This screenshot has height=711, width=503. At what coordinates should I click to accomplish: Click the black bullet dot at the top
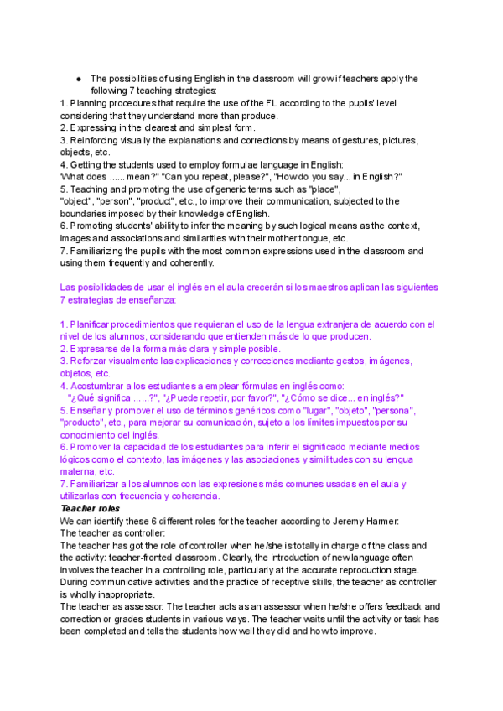click(78, 79)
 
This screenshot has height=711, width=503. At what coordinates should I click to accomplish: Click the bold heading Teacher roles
click(90, 508)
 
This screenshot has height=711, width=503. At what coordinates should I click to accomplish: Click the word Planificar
click(92, 324)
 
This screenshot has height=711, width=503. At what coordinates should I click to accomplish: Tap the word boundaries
click(86, 214)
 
